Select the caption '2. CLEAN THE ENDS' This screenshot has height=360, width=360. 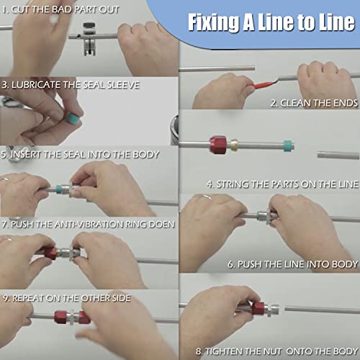click(x=313, y=103)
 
